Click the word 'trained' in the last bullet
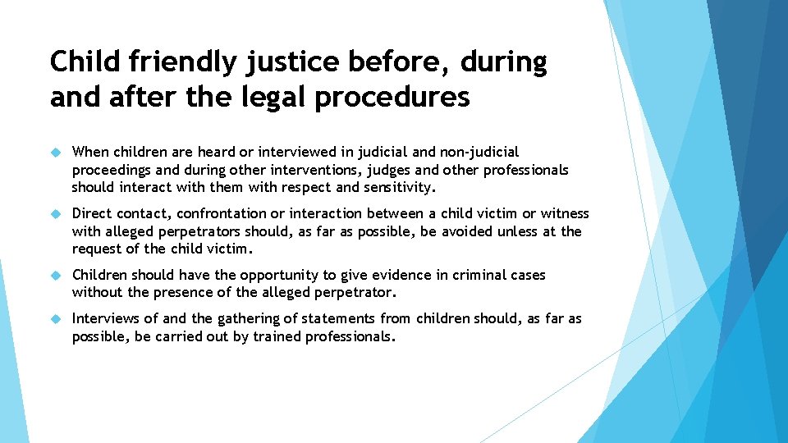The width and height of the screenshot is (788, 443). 278,336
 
